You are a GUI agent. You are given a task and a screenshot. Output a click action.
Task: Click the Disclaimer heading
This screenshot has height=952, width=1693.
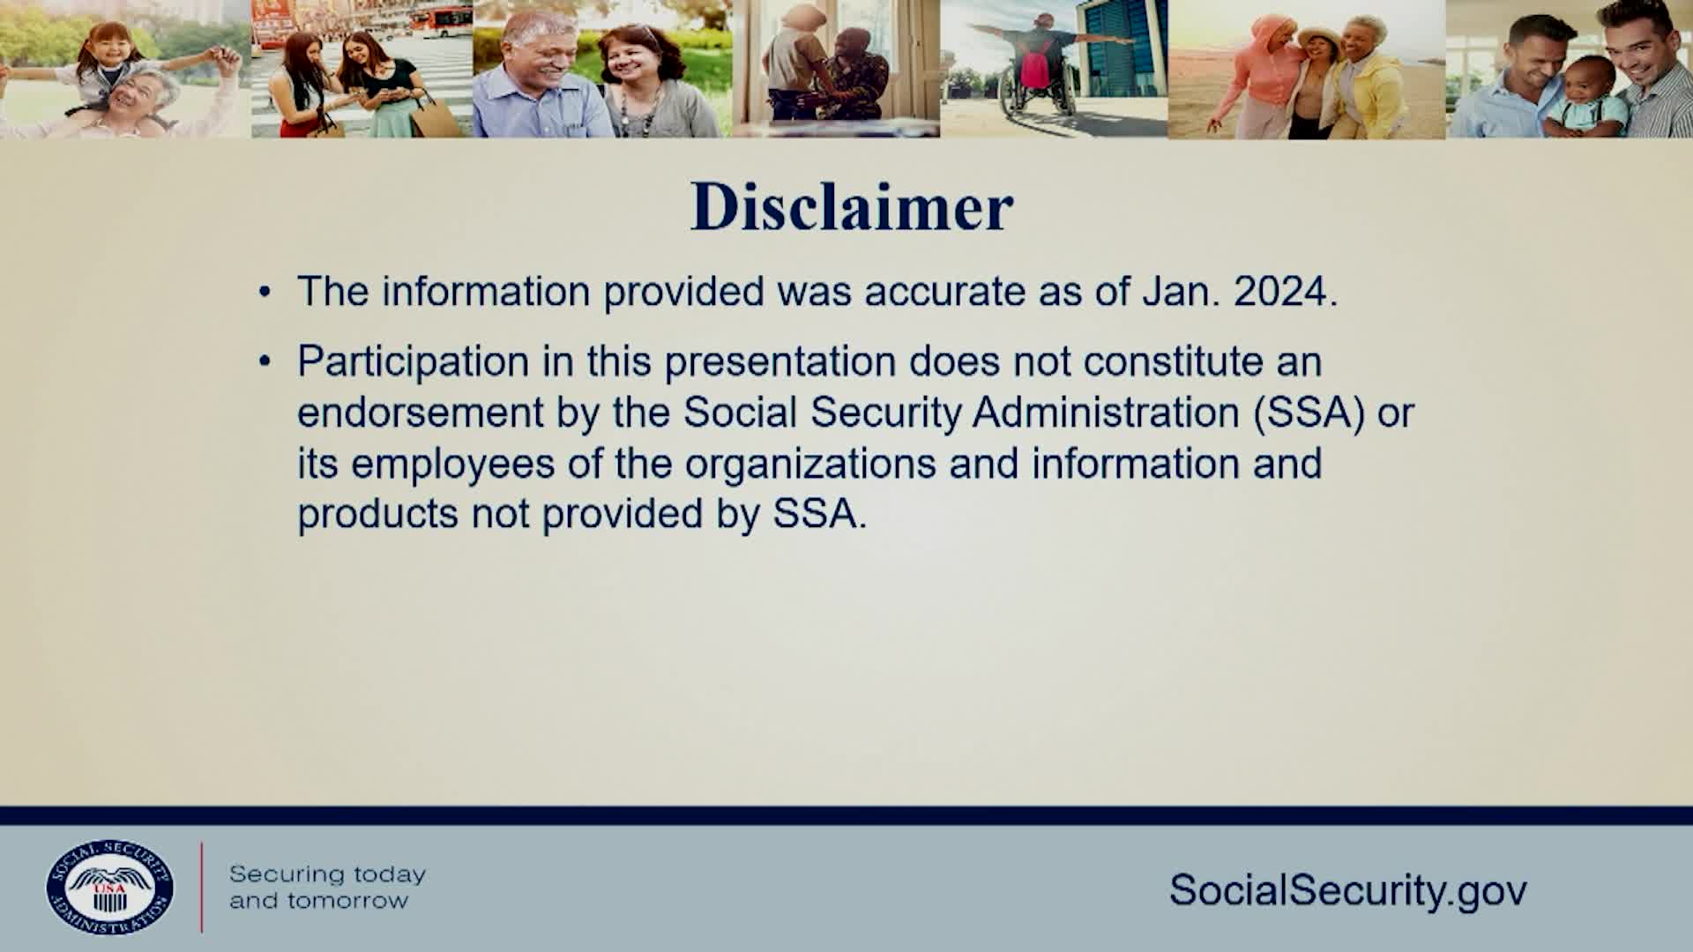click(x=852, y=208)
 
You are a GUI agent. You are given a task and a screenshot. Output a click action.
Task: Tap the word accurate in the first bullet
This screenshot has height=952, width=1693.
click(x=945, y=292)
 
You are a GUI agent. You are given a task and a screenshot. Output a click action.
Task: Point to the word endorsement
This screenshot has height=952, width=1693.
click(x=420, y=413)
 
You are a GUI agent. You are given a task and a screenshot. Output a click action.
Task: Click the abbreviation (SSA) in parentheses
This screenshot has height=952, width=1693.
click(x=1309, y=413)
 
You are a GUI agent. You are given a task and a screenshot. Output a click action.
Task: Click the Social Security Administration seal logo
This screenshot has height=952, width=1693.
click(x=110, y=887)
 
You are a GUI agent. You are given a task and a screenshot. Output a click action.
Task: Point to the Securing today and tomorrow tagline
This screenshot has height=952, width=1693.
click(x=327, y=887)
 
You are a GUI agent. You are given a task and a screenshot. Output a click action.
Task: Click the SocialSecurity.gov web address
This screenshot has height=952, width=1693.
click(x=1348, y=890)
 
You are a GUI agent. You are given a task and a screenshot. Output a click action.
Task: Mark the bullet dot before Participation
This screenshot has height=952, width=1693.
click(x=265, y=362)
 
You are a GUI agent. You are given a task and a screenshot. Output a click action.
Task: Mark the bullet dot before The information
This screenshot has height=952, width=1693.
click(x=265, y=293)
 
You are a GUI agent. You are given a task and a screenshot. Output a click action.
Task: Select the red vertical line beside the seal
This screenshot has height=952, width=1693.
click(x=201, y=887)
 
